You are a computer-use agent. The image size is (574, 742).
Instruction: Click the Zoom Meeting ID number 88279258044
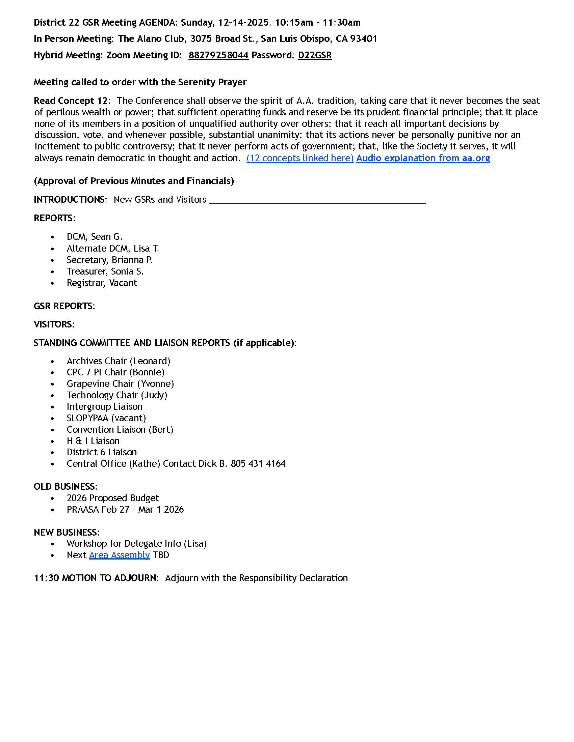218,55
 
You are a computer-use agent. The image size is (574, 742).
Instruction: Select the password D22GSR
315,55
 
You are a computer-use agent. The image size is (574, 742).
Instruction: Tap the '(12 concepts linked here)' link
300,158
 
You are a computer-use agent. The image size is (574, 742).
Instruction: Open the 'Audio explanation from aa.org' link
423,158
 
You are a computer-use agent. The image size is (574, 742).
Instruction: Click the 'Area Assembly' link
119,555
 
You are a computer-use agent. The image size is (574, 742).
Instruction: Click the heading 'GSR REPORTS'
63,306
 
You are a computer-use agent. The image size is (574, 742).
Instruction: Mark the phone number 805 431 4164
258,464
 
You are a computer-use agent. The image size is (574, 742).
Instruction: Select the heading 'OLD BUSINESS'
64,486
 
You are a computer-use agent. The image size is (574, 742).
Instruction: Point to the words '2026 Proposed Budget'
113,498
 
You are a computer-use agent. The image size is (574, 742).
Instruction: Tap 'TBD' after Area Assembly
161,555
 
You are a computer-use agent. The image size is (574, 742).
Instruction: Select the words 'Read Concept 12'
71,101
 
